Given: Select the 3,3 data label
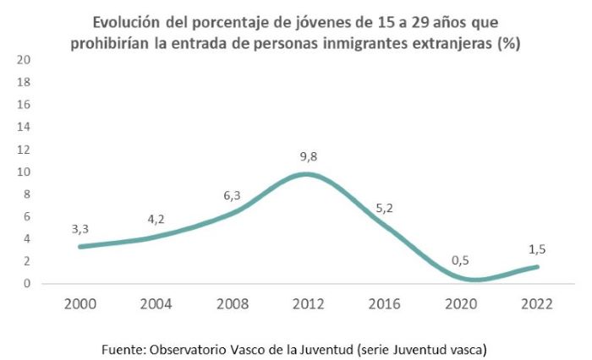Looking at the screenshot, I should coord(80,228).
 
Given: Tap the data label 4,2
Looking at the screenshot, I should coord(156,220).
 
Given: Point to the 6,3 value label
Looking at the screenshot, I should coord(231,195).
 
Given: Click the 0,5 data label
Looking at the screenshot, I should coord(460,260).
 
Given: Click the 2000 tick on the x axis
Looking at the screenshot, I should coord(80,303).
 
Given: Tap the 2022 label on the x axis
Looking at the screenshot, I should coord(535,303).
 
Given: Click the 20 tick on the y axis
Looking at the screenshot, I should coord(24,60).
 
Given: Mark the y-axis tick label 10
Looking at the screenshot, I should coord(24,172).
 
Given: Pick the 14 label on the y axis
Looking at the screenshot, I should coord(24,127).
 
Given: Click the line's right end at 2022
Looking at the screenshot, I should coord(536,267).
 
